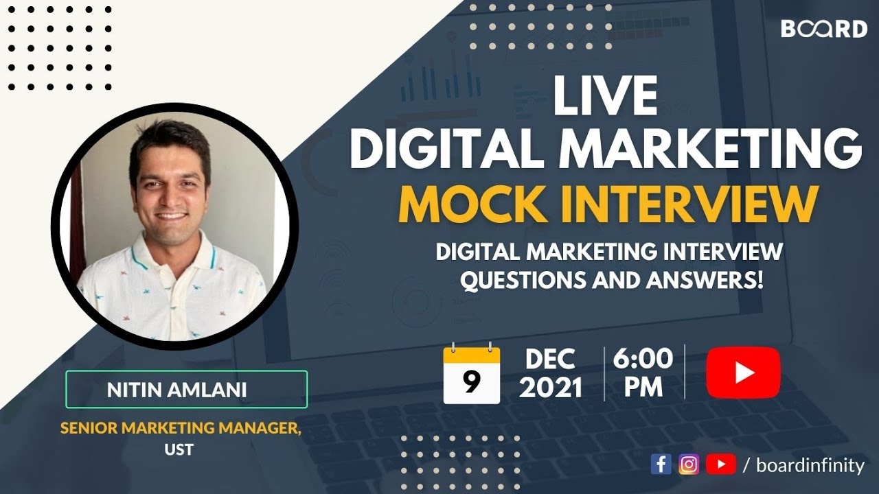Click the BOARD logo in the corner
[823, 29]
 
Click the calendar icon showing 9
[471, 375]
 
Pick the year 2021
[551, 388]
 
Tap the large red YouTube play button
[743, 373]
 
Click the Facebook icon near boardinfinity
[661, 464]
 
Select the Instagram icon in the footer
[689, 464]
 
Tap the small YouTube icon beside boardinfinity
[720, 464]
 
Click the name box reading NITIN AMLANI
[186, 390]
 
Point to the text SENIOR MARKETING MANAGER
[181, 428]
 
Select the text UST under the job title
[181, 449]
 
